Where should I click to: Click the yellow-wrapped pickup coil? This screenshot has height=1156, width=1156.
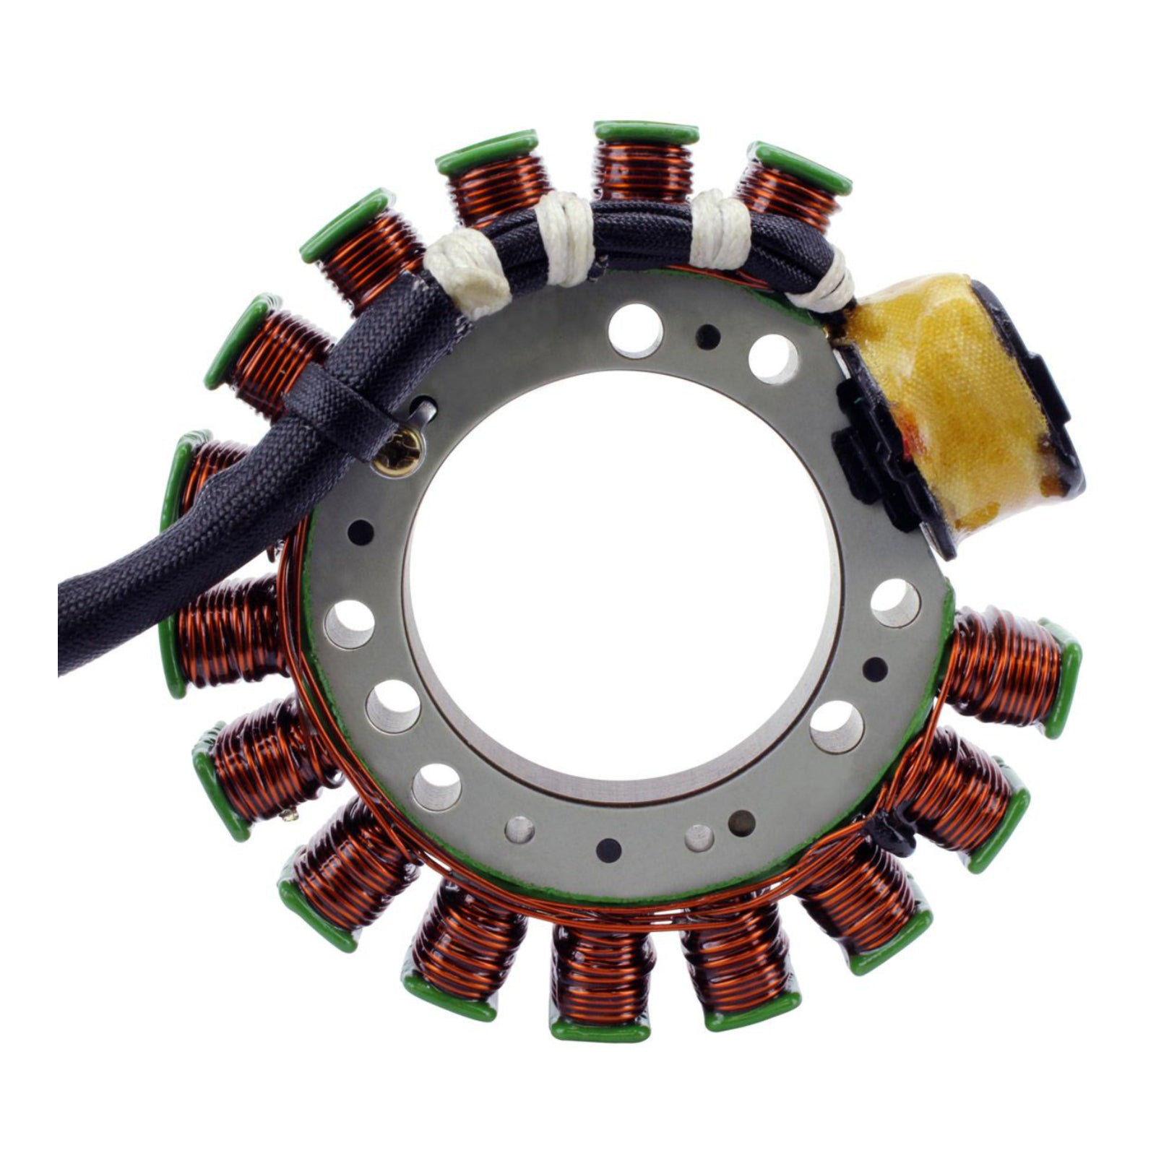click(961, 405)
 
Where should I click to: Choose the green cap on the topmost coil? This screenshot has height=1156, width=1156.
click(647, 133)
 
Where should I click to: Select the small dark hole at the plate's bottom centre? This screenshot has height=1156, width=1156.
click(609, 847)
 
